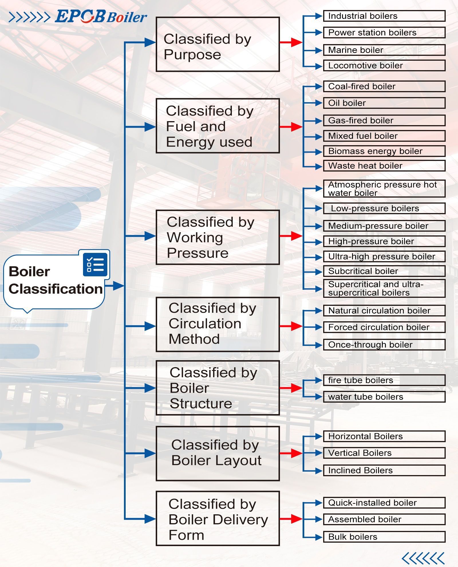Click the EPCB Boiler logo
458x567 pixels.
(101, 17)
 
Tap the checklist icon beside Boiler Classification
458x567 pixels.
(95, 265)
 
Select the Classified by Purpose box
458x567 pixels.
(218, 44)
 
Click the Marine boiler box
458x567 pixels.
(384, 50)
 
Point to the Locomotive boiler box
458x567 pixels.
(384, 66)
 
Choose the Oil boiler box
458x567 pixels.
(384, 103)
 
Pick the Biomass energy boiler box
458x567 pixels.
(384, 151)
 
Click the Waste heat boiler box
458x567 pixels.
(384, 166)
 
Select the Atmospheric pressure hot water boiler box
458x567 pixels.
(384, 189)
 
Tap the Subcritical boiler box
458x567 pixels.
(384, 271)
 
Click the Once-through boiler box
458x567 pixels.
(384, 345)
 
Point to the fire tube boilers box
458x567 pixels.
(384, 380)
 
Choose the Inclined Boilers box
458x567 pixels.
(384, 470)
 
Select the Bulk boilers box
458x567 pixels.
(384, 537)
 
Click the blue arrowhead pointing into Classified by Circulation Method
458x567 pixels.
(150, 326)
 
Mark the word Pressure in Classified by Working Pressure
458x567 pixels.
(198, 253)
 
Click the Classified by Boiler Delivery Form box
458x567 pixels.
(218, 519)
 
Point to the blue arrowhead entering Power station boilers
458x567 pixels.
(318, 33)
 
